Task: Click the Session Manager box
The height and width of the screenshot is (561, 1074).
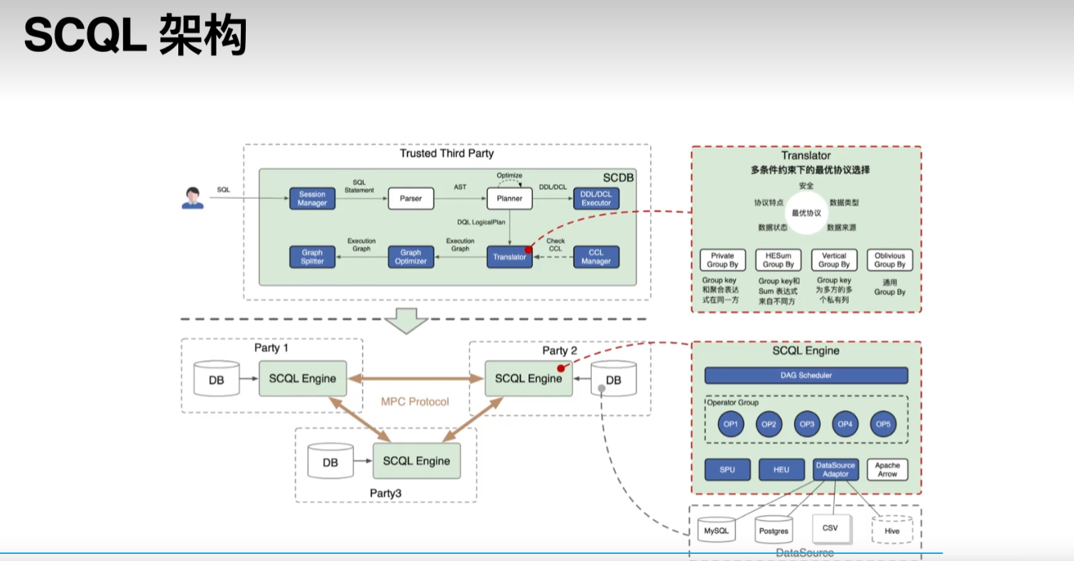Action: point(313,199)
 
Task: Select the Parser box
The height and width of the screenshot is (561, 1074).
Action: point(411,199)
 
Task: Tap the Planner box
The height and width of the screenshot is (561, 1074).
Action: point(509,199)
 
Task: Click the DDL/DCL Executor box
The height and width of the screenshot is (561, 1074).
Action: point(596,199)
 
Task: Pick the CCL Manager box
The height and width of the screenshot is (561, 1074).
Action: point(596,256)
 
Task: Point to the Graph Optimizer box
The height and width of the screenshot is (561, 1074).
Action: point(411,256)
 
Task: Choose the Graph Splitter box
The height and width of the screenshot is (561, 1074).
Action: point(313,256)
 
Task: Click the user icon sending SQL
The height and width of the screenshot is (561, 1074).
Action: point(192,198)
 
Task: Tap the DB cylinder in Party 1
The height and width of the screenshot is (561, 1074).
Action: point(216,380)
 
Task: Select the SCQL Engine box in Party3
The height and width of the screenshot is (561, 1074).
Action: point(416,461)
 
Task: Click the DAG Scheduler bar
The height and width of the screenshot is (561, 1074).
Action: point(805,375)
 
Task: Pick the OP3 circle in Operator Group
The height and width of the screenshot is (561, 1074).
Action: point(807,424)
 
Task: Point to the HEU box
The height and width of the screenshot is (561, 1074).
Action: point(781,469)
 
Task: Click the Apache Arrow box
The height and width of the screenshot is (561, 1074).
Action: point(887,469)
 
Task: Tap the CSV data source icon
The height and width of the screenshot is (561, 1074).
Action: point(830,528)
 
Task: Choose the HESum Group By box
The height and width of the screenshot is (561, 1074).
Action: point(779,260)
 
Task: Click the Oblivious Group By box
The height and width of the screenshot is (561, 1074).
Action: point(889,260)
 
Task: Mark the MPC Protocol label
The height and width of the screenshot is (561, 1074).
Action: point(415,402)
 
